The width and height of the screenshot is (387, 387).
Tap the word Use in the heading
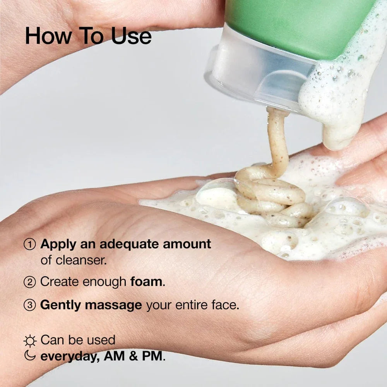click(131, 36)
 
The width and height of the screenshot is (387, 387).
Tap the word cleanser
click(84, 260)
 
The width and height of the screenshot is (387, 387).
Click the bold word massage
click(113, 305)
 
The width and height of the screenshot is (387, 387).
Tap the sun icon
click(30, 341)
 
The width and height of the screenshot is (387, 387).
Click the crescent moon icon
click(30, 355)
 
